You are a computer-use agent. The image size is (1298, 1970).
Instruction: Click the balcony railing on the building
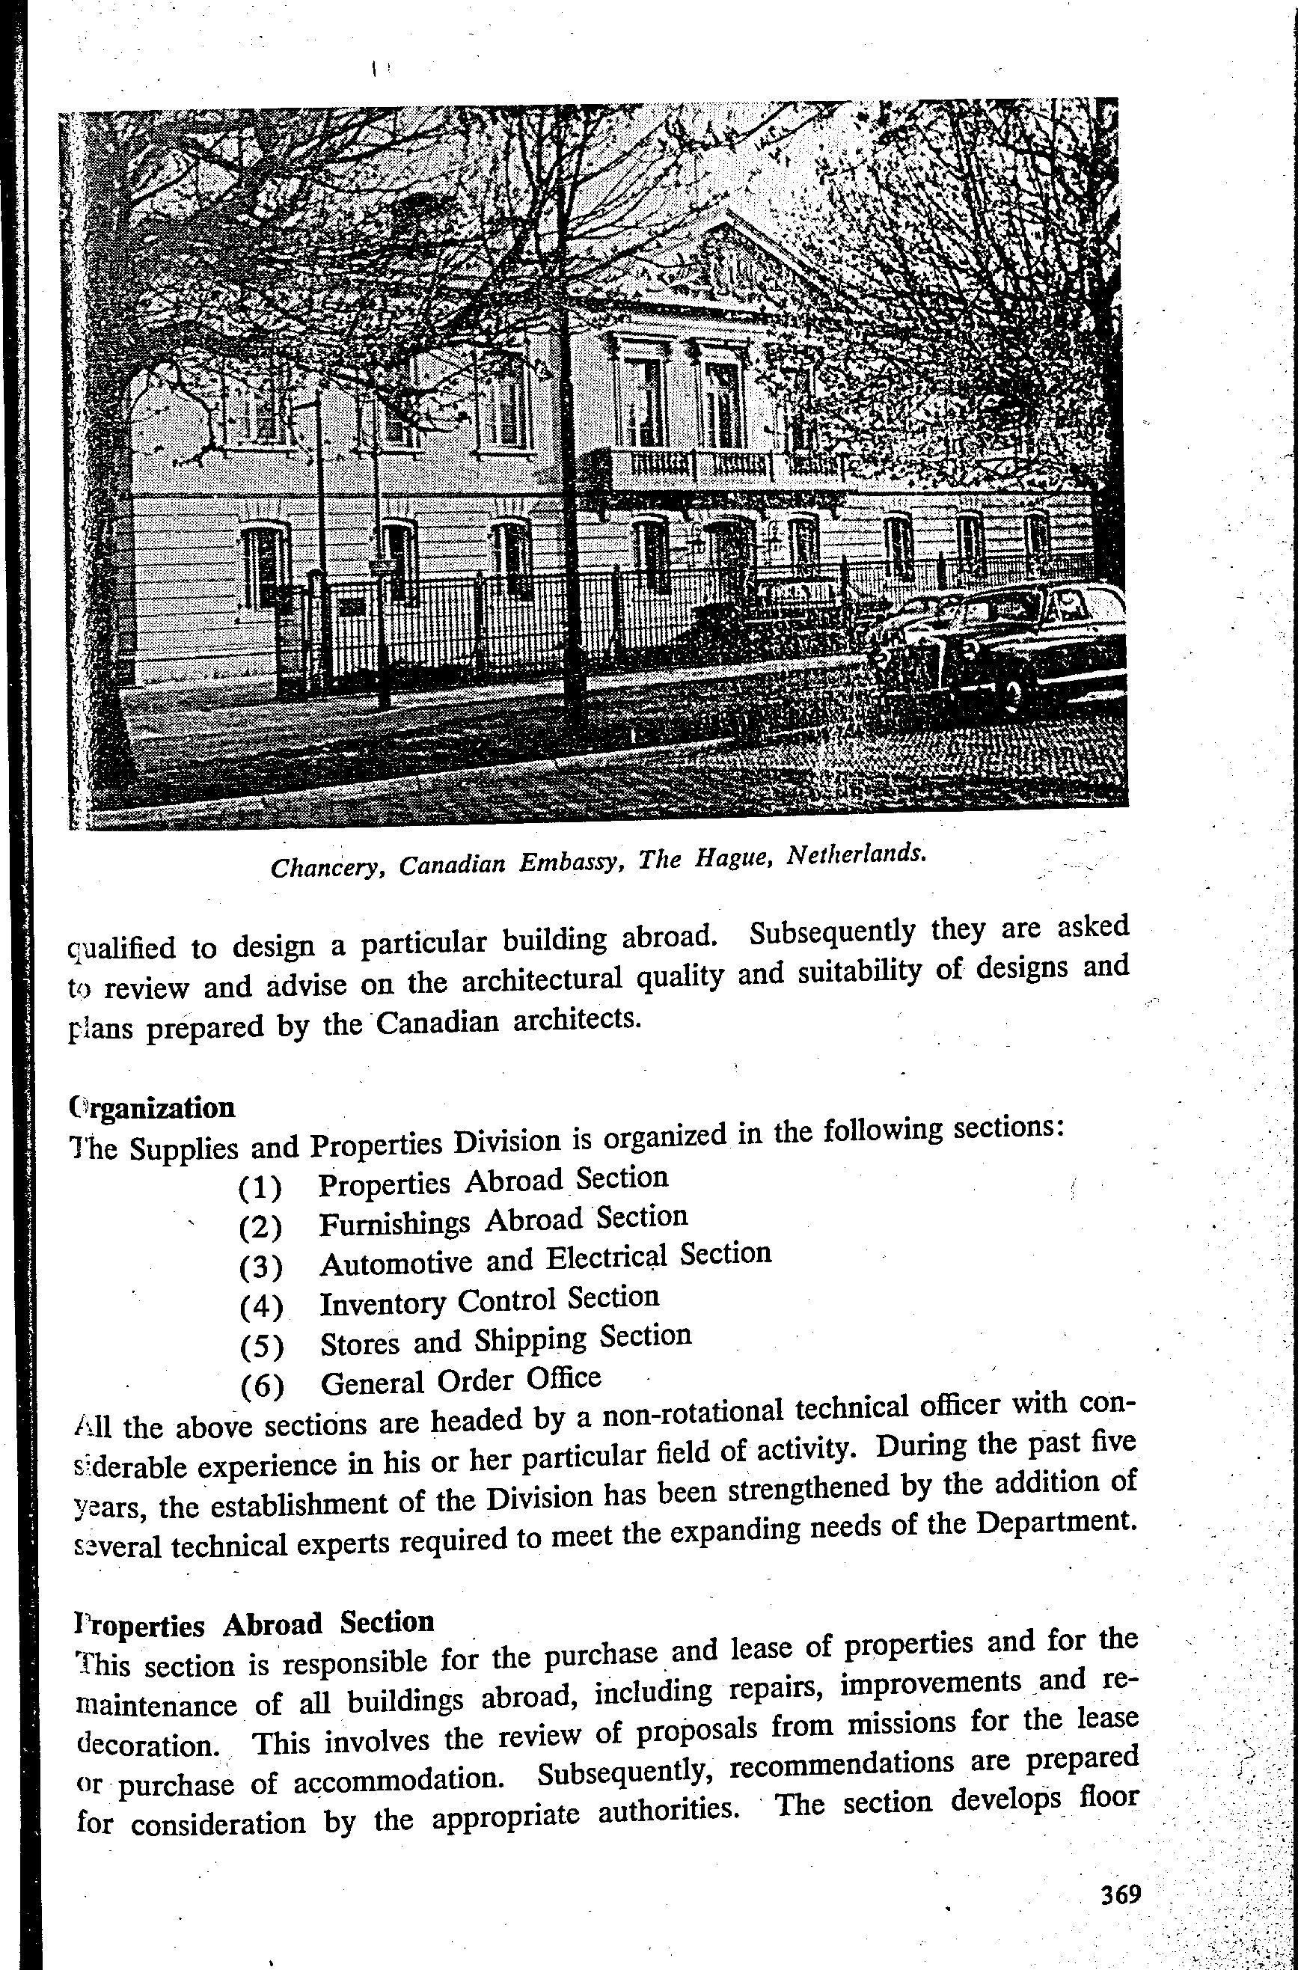coord(704,466)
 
